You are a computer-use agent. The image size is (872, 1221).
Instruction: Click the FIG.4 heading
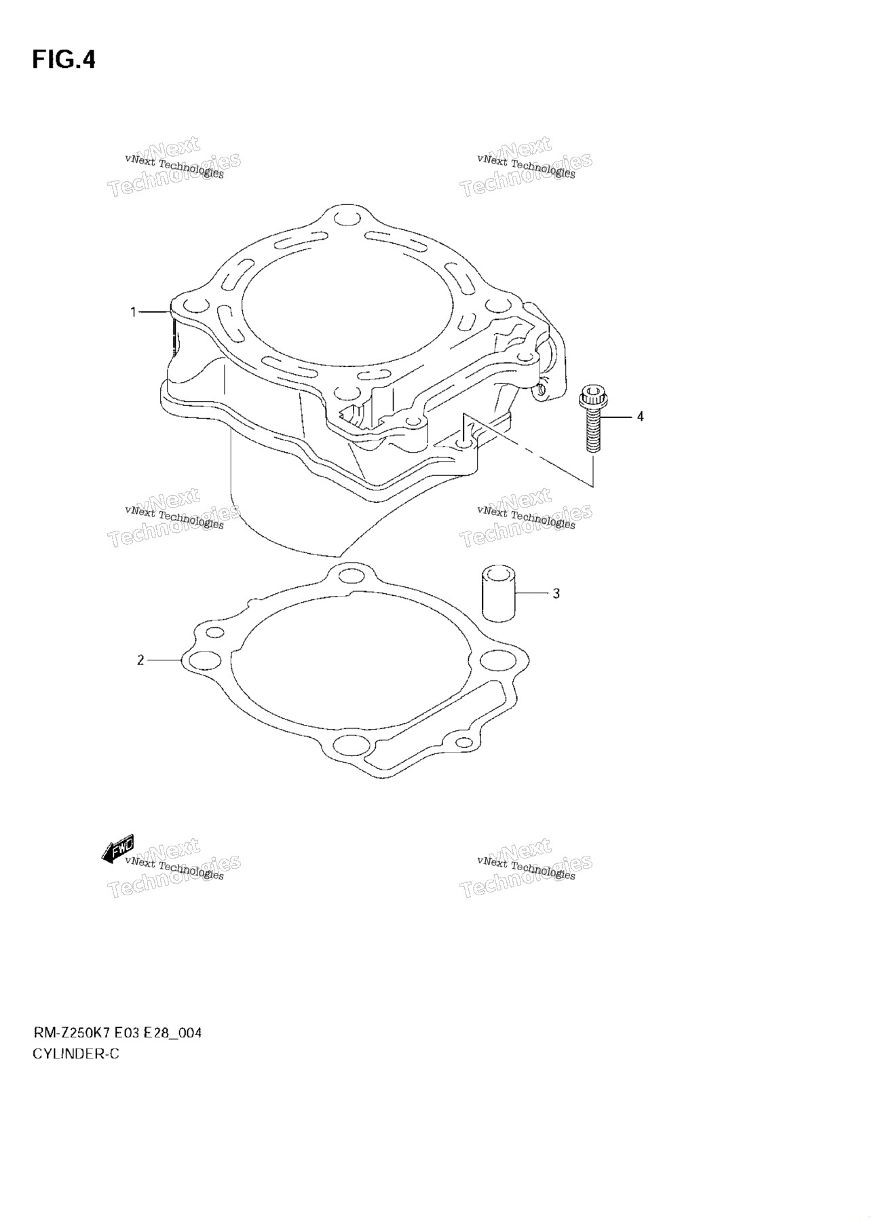click(x=64, y=60)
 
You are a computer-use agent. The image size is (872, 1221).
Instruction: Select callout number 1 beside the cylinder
click(x=134, y=312)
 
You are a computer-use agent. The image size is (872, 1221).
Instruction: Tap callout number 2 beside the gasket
click(x=140, y=660)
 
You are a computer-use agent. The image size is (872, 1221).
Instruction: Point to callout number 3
click(x=556, y=593)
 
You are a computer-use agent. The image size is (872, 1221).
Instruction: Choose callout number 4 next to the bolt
click(x=639, y=416)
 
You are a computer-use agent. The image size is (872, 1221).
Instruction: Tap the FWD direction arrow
click(x=117, y=848)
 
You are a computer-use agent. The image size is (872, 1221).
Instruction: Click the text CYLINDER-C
click(x=75, y=1054)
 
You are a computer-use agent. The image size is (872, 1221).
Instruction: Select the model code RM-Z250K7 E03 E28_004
click(x=117, y=1034)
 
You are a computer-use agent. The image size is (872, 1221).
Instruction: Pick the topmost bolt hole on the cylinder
click(x=347, y=217)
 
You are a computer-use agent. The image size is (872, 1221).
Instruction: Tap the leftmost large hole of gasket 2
click(x=205, y=660)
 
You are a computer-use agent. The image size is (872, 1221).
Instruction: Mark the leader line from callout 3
click(x=531, y=593)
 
